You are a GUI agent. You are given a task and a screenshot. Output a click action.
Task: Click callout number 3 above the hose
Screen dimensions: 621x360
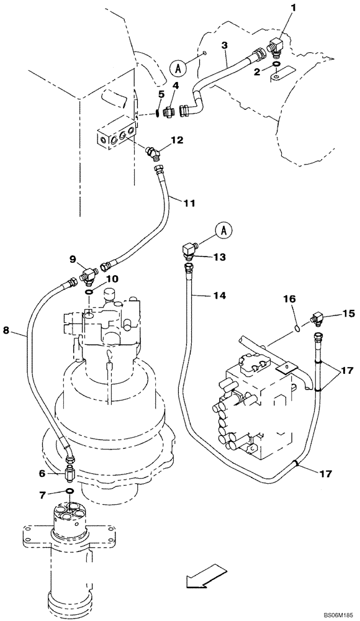coord(225,45)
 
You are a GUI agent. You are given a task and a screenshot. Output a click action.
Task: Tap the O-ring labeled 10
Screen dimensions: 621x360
coord(91,291)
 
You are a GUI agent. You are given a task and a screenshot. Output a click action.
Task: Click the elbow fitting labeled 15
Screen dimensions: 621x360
coord(320,319)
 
